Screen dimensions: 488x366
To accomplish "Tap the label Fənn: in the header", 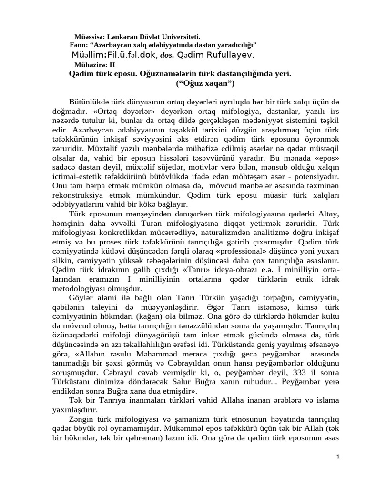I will pos(79,45).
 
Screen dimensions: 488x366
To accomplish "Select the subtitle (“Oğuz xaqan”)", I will pos(205,83).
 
